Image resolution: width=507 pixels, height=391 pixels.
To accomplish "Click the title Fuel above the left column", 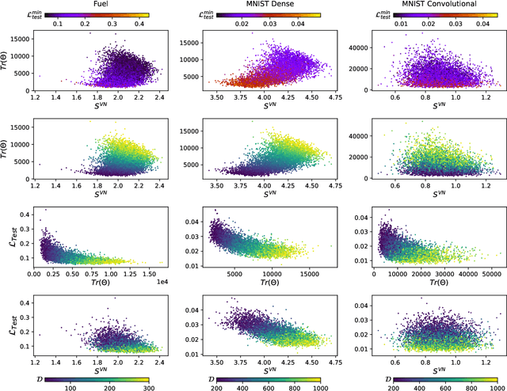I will point(101,5).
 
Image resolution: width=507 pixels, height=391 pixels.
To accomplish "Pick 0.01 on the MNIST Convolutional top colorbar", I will point(378,25).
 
